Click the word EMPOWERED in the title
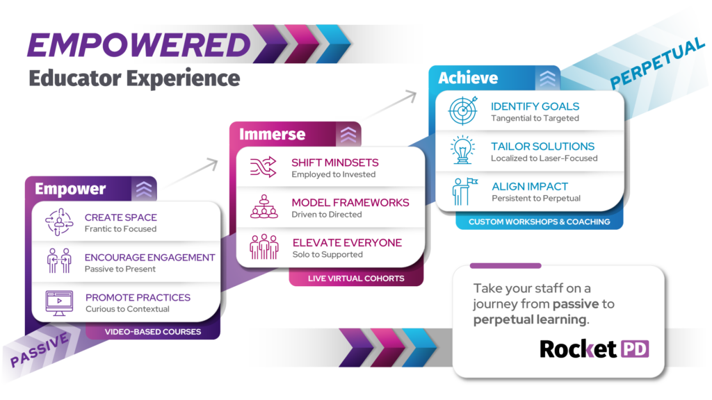pyautogui.click(x=138, y=44)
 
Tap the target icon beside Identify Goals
pyautogui.click(x=463, y=111)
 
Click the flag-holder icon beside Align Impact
pyautogui.click(x=463, y=191)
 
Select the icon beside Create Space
pyautogui.click(x=59, y=222)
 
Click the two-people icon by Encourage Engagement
pyautogui.click(x=59, y=262)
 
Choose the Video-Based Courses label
pyautogui.click(x=153, y=332)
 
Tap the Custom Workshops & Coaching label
pyautogui.click(x=539, y=222)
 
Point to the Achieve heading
pyautogui.click(x=468, y=78)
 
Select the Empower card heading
pyautogui.click(x=70, y=189)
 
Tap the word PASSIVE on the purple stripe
pyautogui.click(x=40, y=349)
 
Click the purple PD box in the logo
pyautogui.click(x=634, y=349)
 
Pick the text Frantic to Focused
pyautogui.click(x=120, y=229)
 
